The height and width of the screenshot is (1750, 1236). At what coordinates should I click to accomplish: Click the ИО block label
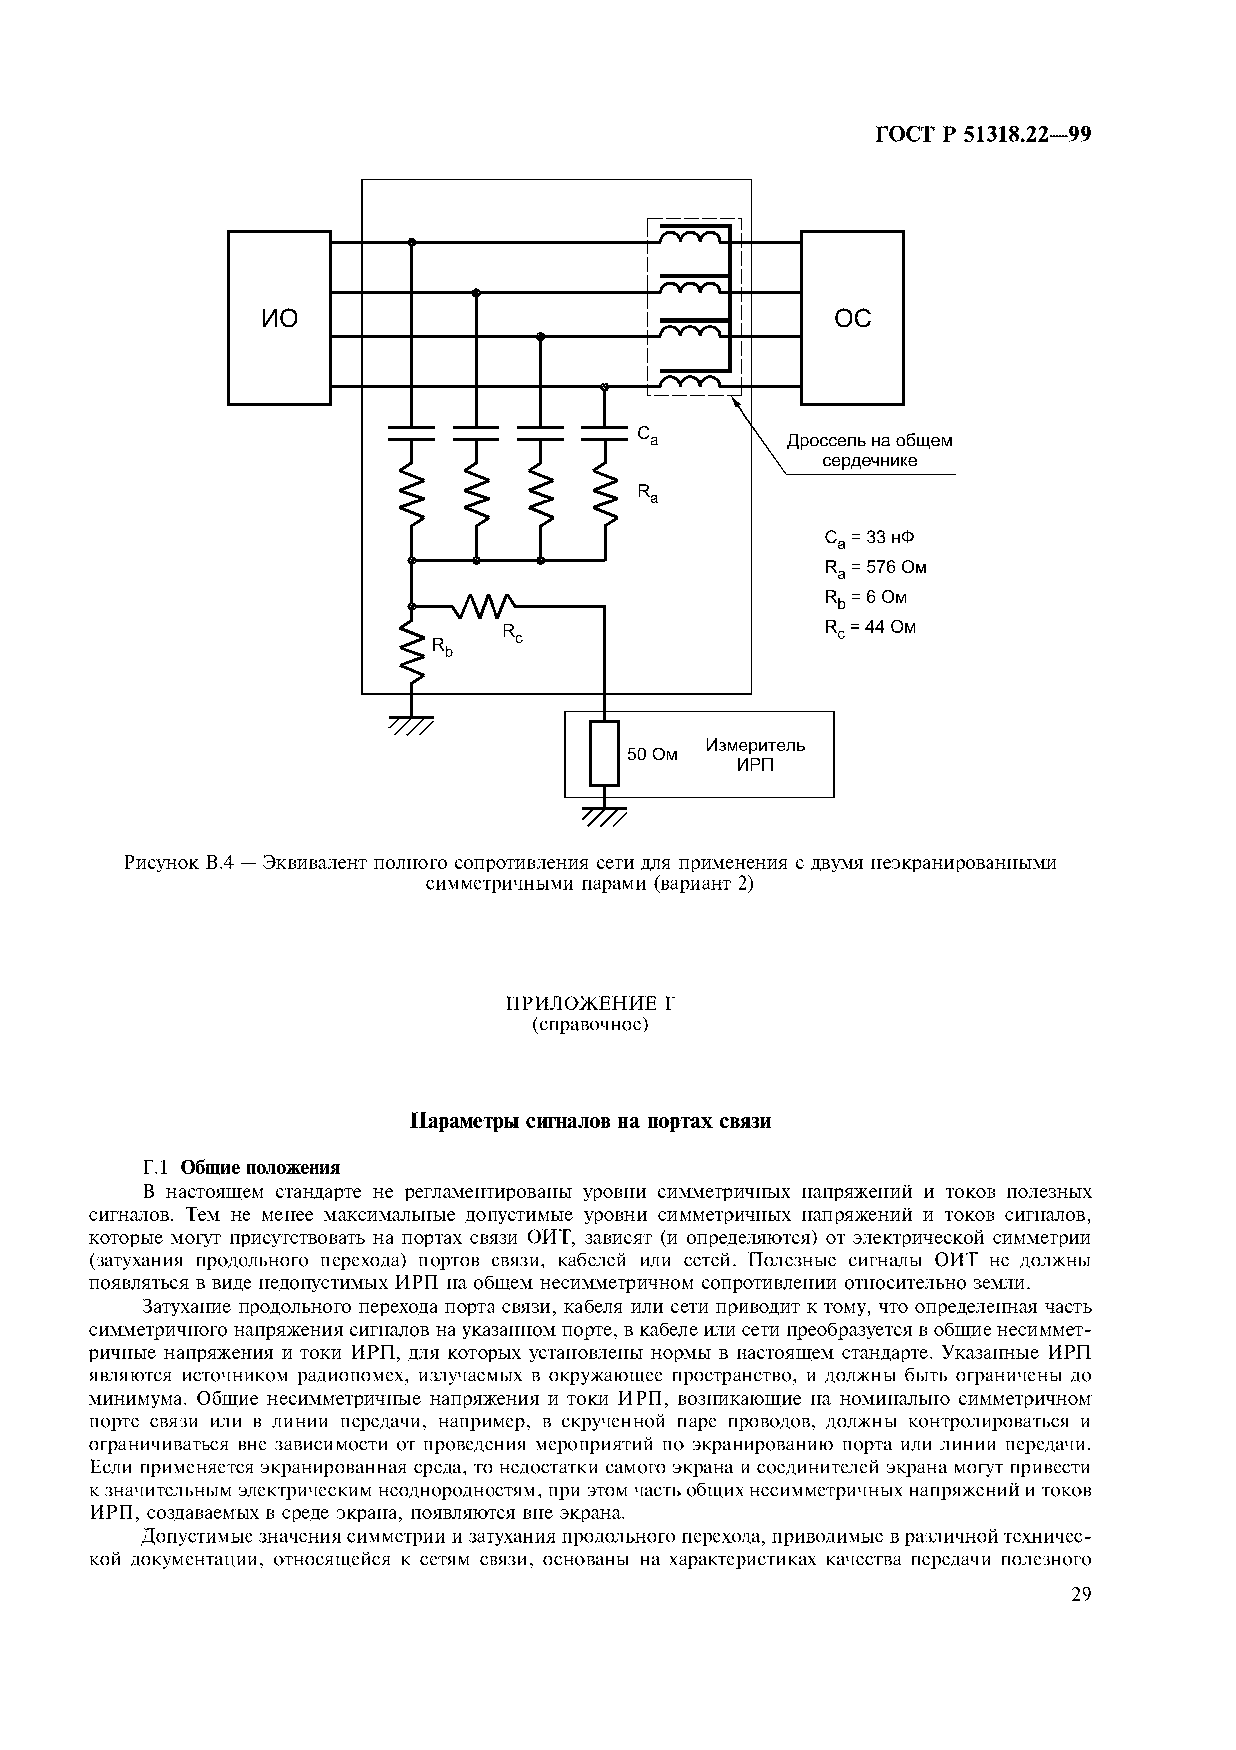pos(279,318)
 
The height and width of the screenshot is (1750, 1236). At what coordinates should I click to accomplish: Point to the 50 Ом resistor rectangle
pos(604,753)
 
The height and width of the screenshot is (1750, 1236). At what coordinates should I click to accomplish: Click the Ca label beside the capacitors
pos(647,435)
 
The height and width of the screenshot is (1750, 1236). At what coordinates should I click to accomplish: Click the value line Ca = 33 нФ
pos(869,538)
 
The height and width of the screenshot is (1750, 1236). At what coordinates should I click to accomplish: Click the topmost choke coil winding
pos(690,239)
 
